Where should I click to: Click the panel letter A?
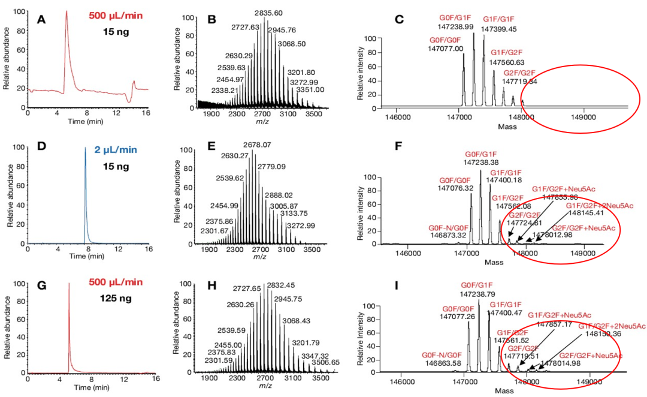pyautogui.click(x=41, y=19)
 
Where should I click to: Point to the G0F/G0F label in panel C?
pyautogui.click(x=446, y=40)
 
